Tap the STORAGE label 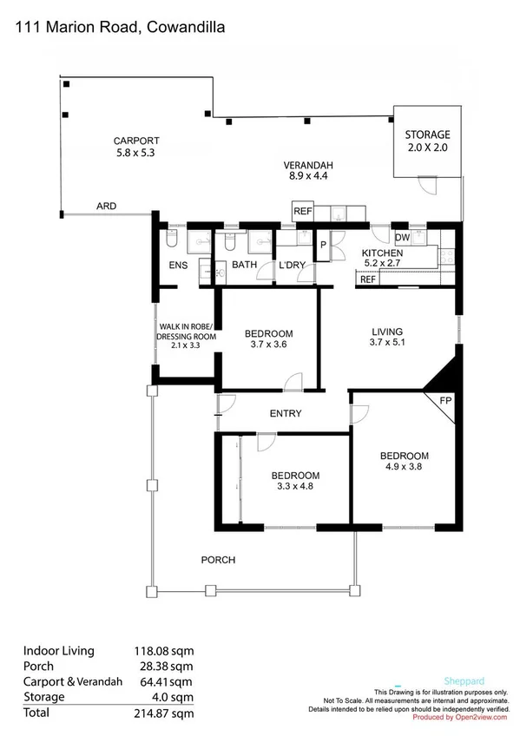[x=427, y=135]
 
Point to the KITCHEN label [x=382, y=253]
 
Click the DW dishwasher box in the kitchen [x=402, y=237]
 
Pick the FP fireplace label [x=446, y=400]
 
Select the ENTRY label [x=286, y=414]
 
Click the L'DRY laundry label [x=290, y=266]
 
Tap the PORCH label [x=218, y=560]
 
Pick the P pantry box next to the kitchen [x=322, y=246]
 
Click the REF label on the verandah [x=302, y=211]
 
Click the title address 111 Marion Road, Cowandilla [x=121, y=28]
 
